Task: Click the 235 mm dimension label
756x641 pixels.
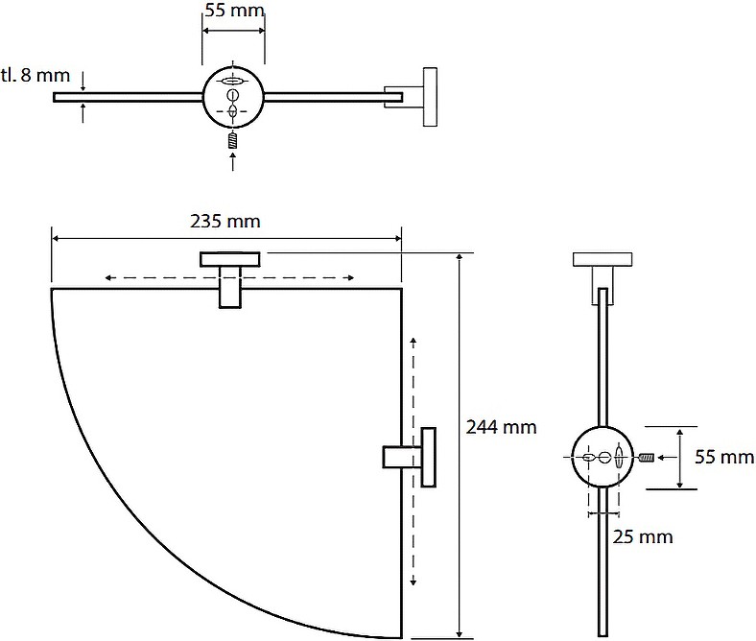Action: tap(225, 222)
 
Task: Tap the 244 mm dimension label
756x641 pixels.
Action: tap(501, 427)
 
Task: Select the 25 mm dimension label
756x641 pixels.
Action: tap(643, 536)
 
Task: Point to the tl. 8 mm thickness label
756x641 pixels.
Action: tap(35, 75)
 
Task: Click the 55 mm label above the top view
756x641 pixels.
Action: tap(235, 11)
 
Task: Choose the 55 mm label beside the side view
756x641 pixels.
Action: tap(724, 457)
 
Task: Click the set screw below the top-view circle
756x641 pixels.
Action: tap(233, 141)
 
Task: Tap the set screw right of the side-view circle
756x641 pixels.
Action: tap(647, 457)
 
